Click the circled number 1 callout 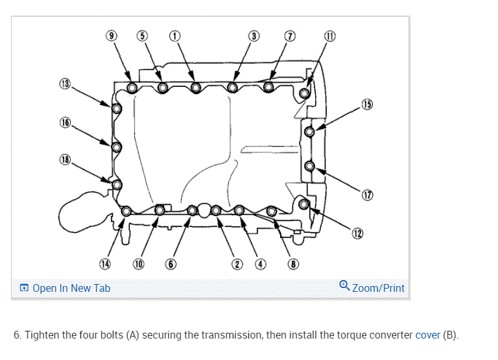click(174, 36)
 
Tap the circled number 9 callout click(112, 36)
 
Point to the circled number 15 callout click(367, 104)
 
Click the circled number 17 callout click(368, 195)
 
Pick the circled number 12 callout click(357, 234)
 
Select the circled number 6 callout click(171, 264)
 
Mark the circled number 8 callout click(293, 264)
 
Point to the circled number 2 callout click(237, 264)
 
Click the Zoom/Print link click(378, 288)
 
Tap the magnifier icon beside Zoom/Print click(345, 285)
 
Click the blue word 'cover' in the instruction click(427, 335)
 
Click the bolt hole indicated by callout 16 click(117, 147)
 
